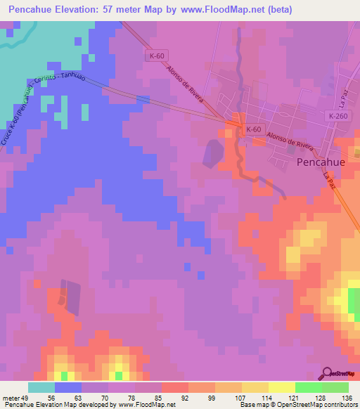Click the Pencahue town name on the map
[321, 162]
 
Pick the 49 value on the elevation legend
[23, 397]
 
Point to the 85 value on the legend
[157, 397]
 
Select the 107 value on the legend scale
[238, 397]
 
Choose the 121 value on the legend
[291, 397]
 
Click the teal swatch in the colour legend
[41, 387]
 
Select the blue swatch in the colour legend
[68, 387]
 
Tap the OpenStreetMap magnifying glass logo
[327, 373]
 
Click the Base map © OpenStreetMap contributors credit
[297, 405]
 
